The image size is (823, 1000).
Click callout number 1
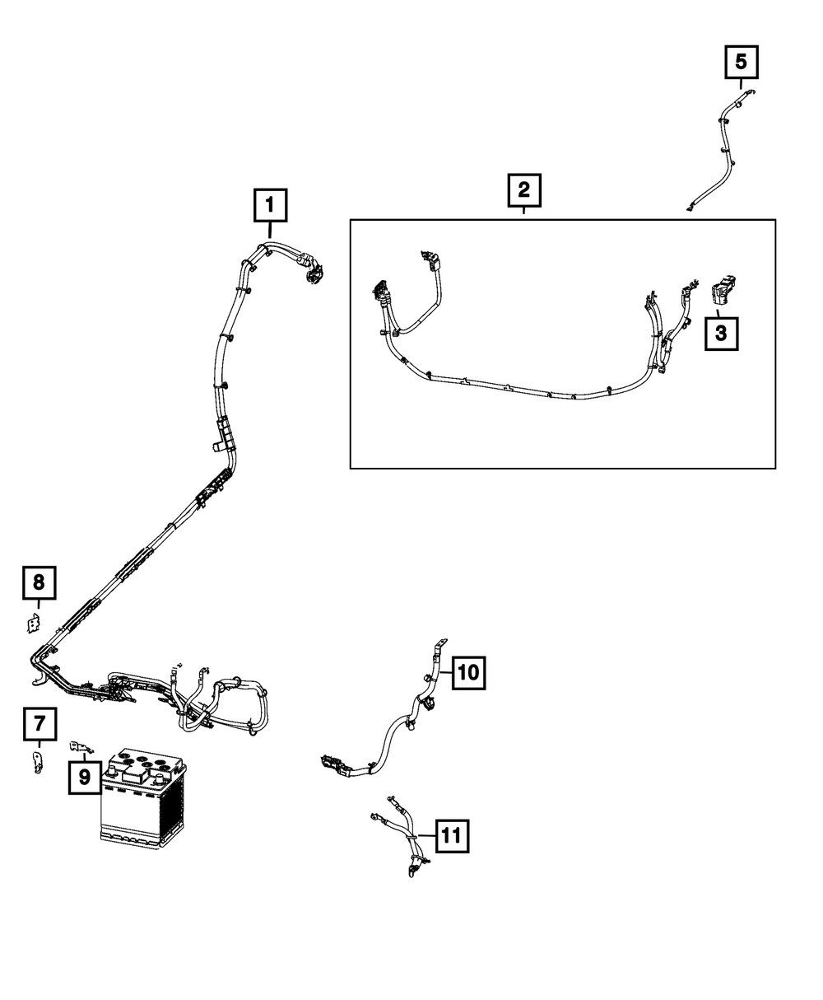271,206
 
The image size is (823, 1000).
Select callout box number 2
523,192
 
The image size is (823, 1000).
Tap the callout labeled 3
721,334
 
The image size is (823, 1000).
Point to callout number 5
741,61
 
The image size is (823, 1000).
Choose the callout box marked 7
40,726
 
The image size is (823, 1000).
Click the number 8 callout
39,583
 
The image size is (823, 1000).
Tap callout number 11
450,836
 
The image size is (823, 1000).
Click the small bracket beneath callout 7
37,763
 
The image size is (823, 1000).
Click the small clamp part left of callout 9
80,747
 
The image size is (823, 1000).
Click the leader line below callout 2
523,213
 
